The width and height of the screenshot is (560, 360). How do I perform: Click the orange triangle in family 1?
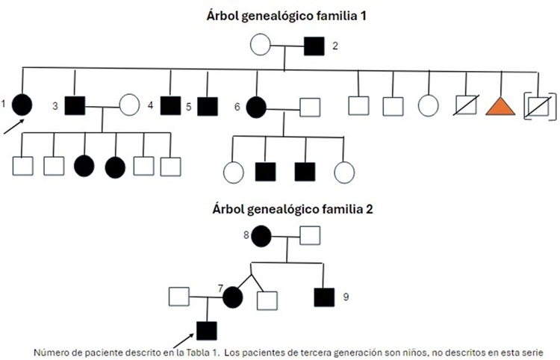500,105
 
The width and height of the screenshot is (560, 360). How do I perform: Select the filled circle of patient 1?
22,105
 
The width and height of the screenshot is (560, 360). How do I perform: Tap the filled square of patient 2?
314,46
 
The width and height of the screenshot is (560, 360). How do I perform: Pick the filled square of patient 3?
75,105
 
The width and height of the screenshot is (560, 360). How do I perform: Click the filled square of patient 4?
171,105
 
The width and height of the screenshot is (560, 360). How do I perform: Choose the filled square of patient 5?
208,105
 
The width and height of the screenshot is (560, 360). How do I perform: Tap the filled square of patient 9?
324,297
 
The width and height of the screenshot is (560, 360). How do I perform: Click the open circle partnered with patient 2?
260,46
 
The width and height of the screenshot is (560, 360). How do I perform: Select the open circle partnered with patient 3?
129,105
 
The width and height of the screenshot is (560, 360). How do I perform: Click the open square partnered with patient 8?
311,237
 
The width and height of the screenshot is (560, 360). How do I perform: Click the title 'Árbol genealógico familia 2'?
281,209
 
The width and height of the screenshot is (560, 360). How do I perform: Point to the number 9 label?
346,297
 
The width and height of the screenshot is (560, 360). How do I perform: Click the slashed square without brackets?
466,105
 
